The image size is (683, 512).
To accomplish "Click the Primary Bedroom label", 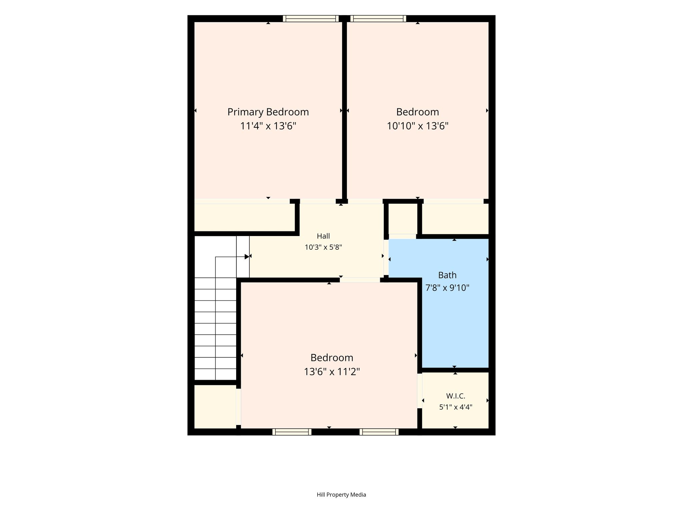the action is (268, 112).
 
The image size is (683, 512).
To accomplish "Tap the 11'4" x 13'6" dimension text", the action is (268, 126).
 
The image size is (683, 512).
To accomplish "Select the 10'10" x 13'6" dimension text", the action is (418, 126).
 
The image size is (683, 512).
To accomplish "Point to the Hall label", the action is (323, 236).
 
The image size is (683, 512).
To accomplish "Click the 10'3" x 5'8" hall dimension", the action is (323, 247).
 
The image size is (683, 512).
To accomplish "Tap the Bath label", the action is (447, 275).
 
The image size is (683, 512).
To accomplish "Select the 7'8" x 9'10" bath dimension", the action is (447, 287).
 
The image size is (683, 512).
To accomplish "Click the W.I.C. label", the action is (456, 396).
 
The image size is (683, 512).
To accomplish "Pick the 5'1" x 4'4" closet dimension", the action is (456, 407).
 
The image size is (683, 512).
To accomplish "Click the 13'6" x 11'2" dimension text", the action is (332, 371).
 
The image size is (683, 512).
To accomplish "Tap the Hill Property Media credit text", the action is (341, 495).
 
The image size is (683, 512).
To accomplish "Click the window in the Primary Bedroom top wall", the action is (311, 19).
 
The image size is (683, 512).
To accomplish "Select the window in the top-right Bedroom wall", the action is (378, 19).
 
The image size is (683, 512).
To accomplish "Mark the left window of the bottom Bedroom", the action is (292, 432).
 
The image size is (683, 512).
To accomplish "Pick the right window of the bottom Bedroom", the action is (379, 432).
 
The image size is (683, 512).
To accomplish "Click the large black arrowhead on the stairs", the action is (247, 257).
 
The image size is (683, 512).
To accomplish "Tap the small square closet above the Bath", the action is (403, 219).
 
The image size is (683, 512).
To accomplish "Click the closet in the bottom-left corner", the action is (215, 407).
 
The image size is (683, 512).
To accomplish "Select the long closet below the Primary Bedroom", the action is (244, 217).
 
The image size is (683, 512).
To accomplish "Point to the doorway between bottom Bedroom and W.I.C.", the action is (420, 391).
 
